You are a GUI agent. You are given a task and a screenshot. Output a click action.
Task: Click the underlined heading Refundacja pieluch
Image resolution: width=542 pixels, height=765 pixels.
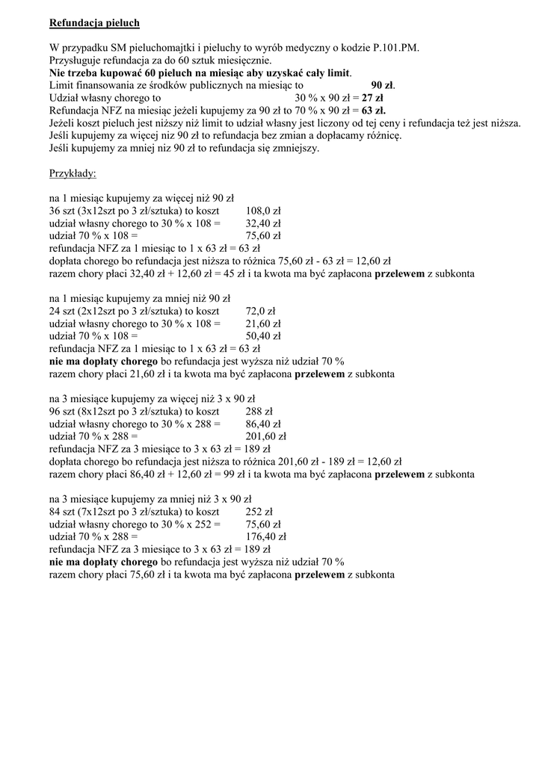[94, 23]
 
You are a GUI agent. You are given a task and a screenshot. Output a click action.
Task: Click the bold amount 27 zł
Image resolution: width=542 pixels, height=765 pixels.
[372, 97]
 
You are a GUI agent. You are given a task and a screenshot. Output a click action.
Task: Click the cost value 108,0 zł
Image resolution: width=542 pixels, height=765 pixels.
[263, 211]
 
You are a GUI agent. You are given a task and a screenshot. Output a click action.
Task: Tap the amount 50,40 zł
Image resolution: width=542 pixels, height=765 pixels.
[263, 336]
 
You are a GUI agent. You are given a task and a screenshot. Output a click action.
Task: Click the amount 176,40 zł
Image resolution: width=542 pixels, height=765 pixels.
[266, 536]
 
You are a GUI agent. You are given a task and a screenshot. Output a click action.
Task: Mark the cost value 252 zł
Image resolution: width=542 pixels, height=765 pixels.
[259, 512]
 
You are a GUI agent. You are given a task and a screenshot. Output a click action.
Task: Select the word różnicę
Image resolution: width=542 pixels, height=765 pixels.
[382, 135]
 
